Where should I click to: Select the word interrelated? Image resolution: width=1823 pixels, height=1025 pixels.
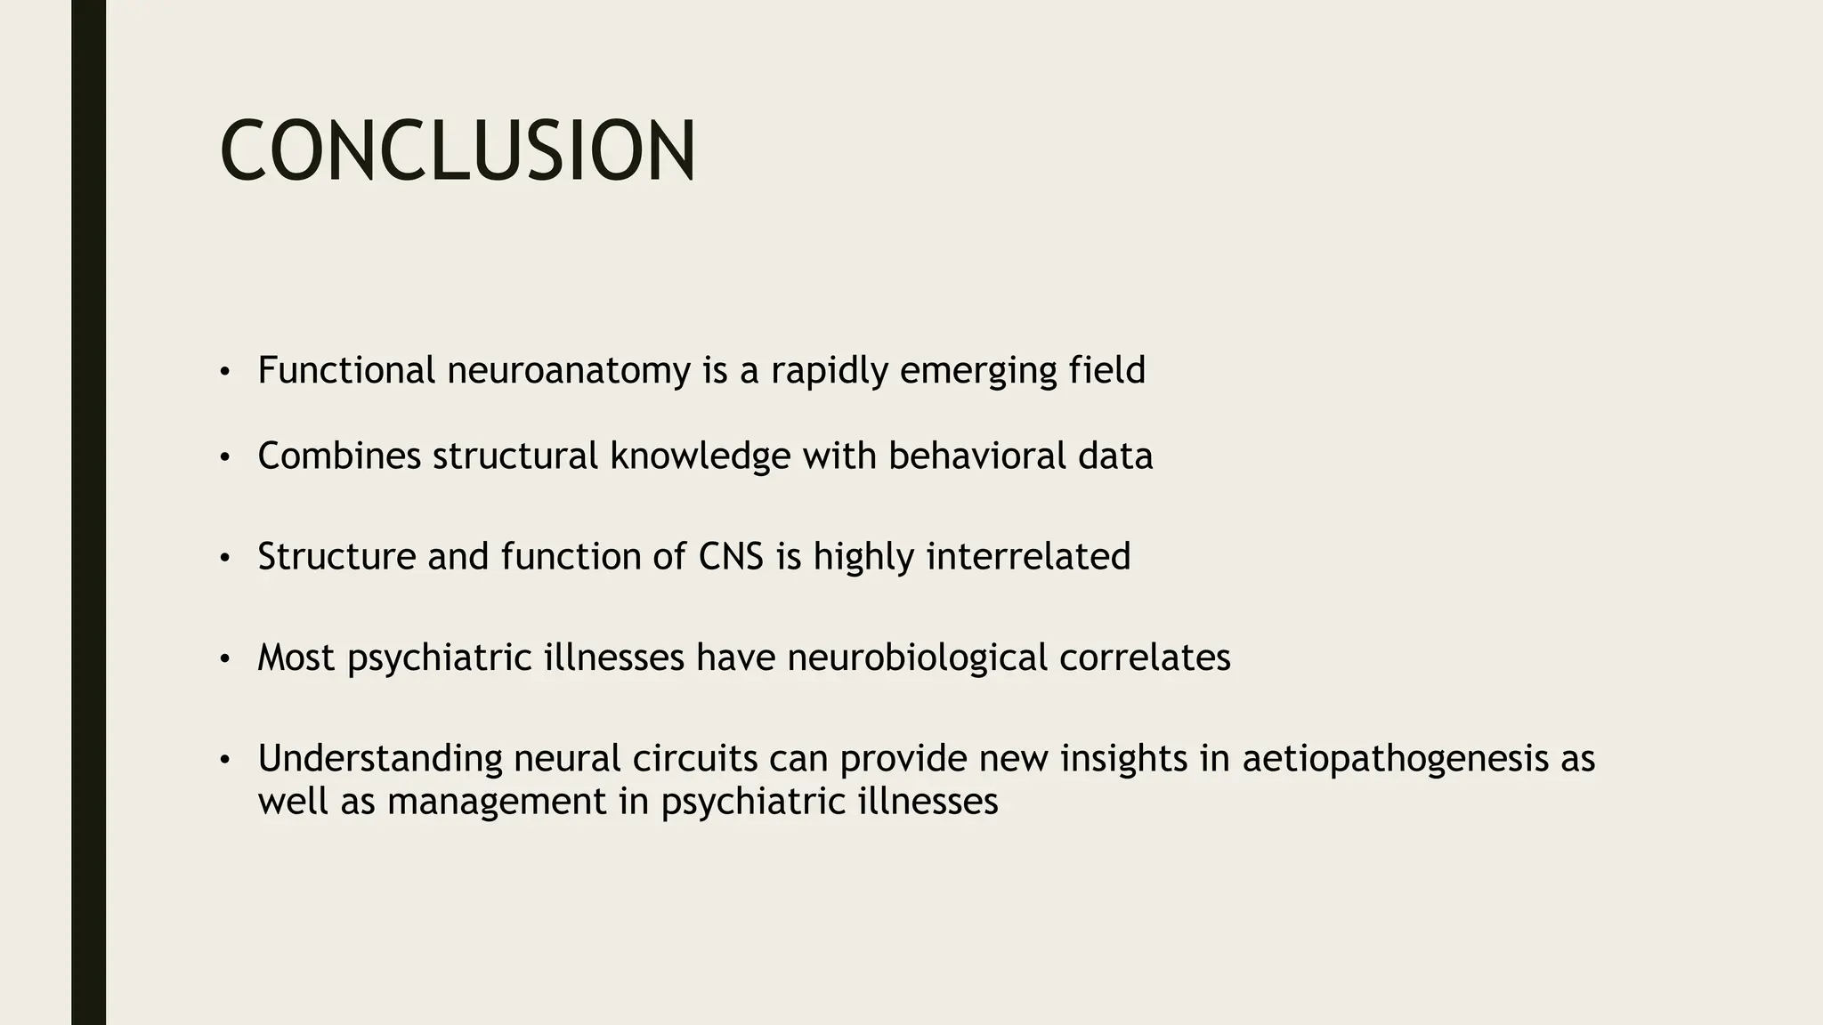tap(1028, 557)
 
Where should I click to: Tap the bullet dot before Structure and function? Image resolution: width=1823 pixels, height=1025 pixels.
tap(225, 559)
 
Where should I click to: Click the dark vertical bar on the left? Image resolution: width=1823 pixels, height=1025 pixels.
tap(88, 512)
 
